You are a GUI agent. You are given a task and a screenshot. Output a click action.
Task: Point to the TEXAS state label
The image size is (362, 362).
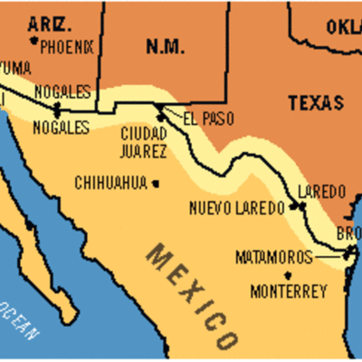point(317,103)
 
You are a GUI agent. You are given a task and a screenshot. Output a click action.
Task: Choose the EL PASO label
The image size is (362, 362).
point(201,119)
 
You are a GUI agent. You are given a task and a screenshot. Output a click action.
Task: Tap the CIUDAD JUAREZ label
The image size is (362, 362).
point(143,141)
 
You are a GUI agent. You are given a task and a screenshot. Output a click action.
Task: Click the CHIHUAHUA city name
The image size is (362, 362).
point(111,183)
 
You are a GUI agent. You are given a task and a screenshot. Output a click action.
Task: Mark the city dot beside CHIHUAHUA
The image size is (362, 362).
point(156,183)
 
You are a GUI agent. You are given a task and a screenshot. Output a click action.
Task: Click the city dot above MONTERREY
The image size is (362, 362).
point(288,275)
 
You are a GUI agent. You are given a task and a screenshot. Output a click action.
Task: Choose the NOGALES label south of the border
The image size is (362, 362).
point(62,128)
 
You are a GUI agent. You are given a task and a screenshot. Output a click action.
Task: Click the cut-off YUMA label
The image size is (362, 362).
point(14,69)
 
